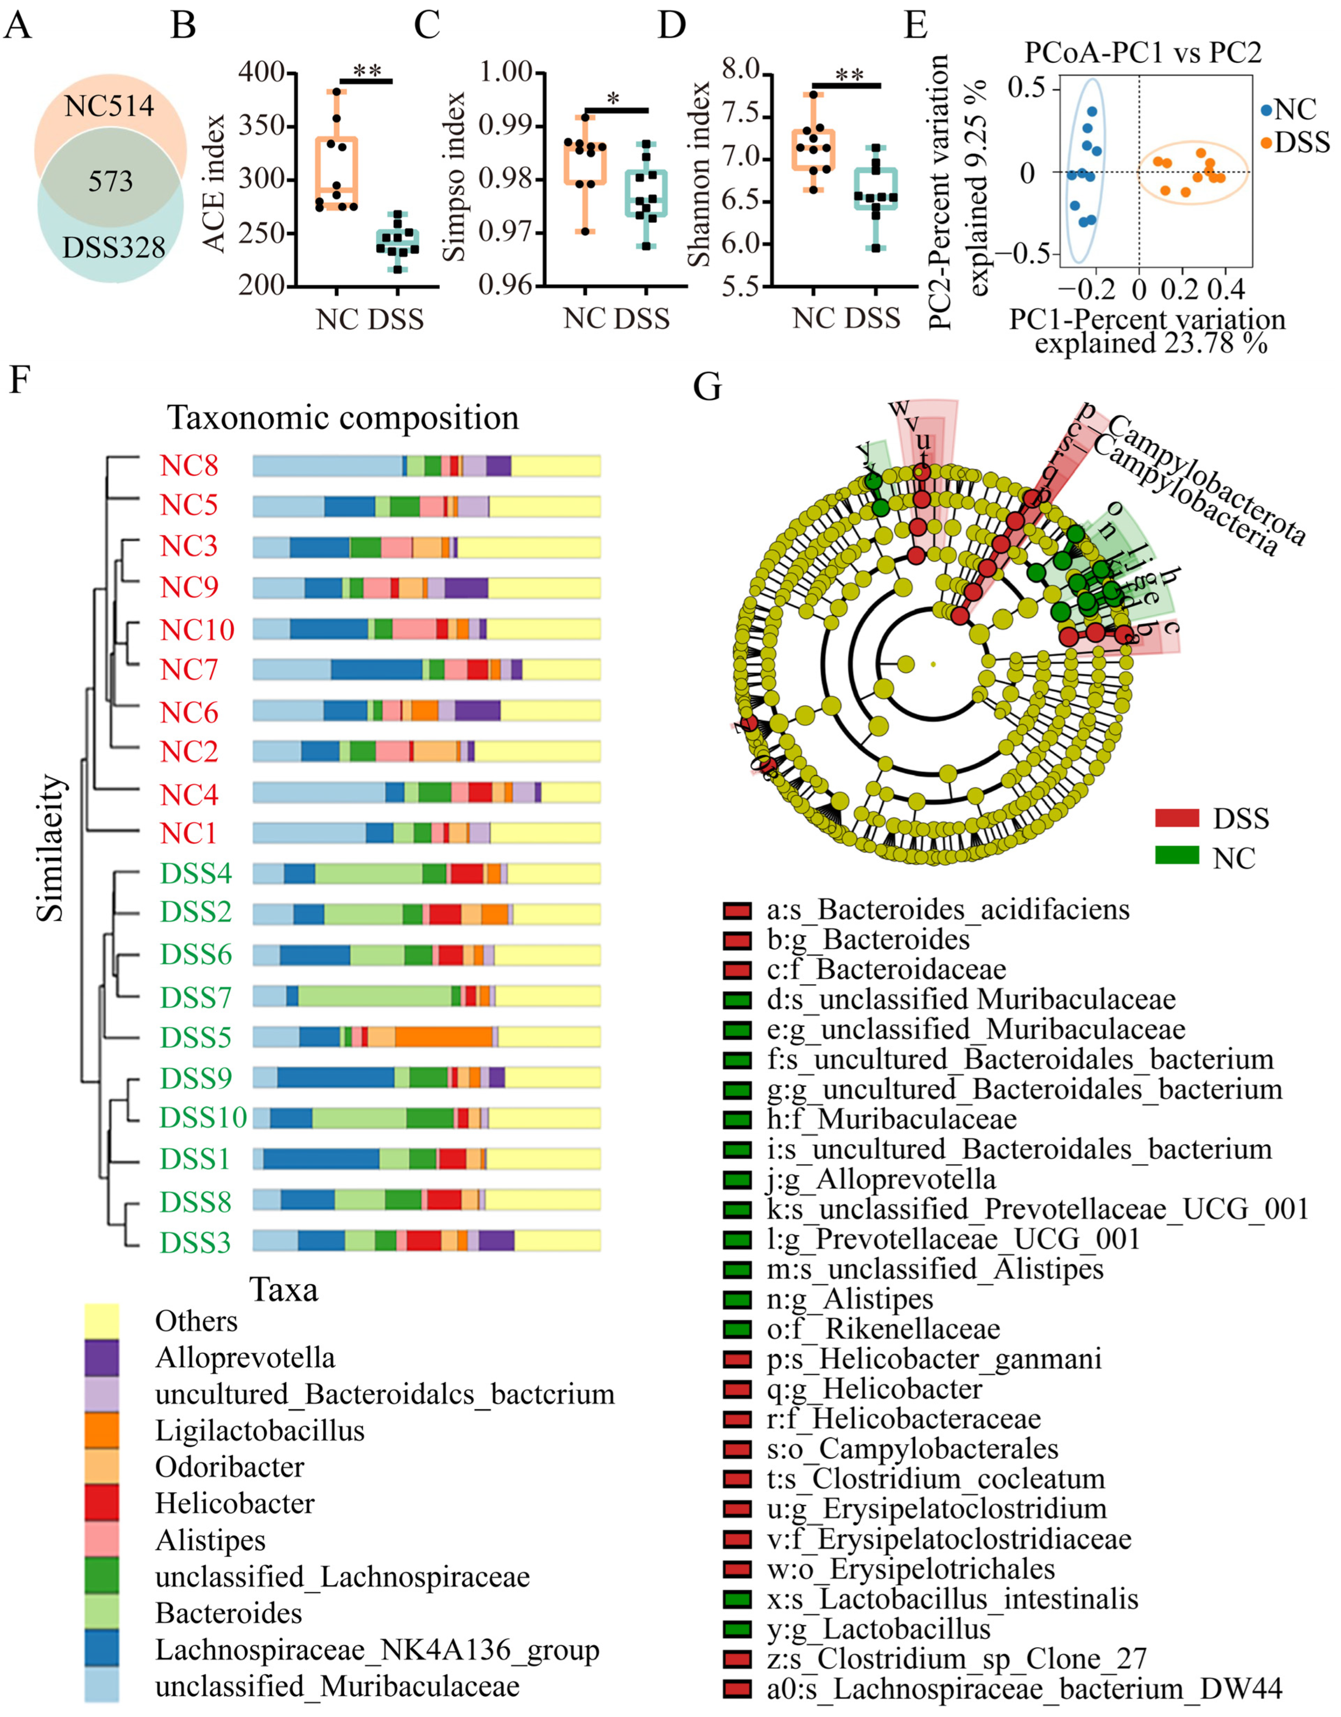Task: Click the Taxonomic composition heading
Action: (343, 417)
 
